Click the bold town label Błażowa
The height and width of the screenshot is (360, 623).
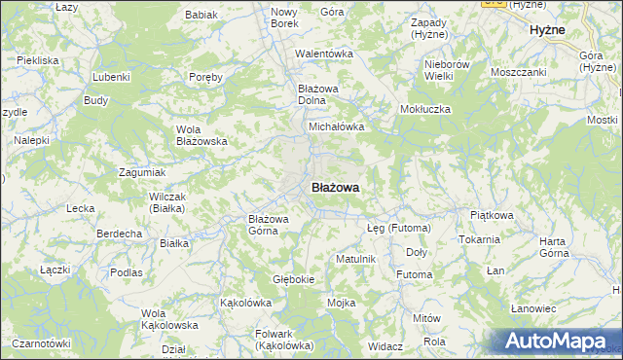(336, 187)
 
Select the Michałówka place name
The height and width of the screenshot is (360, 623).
(336, 126)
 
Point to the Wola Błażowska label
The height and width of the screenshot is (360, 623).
(202, 135)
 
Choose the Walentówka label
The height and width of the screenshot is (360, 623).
(323, 54)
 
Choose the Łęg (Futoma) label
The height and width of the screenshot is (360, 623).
(397, 227)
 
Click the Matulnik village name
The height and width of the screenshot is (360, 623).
(355, 259)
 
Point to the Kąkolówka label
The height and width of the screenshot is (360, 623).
(245, 303)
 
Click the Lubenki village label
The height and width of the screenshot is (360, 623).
(111, 76)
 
